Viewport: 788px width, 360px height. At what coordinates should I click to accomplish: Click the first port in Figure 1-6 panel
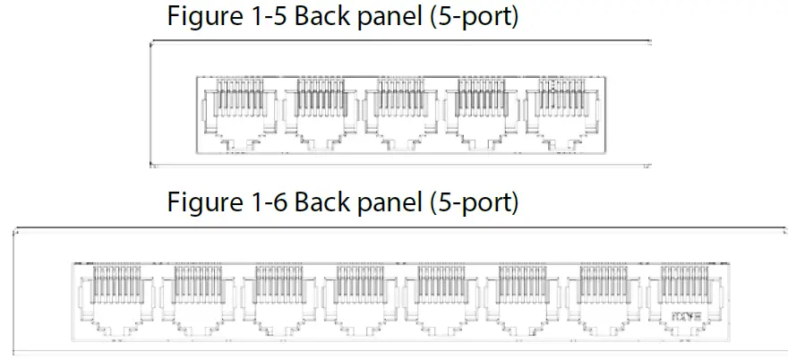[116, 301]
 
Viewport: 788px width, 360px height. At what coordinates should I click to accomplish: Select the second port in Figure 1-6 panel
[196, 301]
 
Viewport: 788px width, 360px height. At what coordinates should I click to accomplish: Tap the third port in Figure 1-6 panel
[277, 301]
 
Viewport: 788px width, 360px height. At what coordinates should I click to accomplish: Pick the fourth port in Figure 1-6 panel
[358, 301]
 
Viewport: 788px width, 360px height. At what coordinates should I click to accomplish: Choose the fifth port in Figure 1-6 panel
[439, 301]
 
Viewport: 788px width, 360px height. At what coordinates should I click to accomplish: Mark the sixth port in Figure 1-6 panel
[520, 301]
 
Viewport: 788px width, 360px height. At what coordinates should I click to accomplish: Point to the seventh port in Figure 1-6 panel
[602, 301]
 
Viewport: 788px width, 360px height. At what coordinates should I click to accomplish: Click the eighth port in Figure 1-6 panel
[682, 301]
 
